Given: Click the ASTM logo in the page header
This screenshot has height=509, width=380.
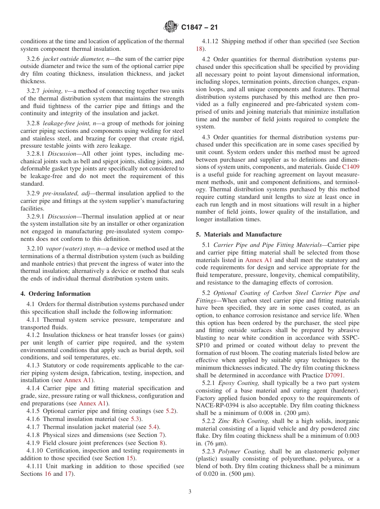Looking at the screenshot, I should point(171,28).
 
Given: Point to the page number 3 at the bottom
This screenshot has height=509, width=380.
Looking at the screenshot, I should point(190,491).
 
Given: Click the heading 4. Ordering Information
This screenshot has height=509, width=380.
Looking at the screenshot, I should point(56,294).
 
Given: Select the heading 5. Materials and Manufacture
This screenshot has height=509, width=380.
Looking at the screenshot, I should point(239,234).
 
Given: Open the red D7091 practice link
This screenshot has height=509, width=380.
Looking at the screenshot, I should point(334,375).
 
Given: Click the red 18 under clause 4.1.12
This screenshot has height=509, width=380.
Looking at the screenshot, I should point(199,49).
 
